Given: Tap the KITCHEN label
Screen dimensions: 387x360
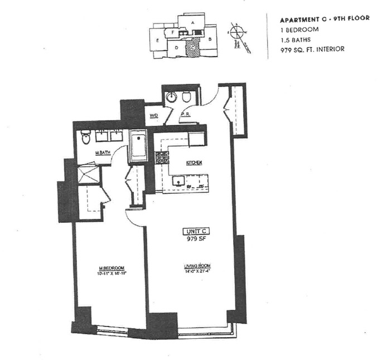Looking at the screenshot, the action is click(193, 162).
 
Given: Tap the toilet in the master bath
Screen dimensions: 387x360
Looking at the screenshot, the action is click(85, 136).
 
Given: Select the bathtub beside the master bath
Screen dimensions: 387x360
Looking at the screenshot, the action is click(138, 146).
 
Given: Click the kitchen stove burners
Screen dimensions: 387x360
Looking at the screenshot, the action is click(162, 158).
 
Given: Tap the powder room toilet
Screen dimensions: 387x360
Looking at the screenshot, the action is click(186, 97).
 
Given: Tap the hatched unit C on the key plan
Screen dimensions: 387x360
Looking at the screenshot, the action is click(192, 49).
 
